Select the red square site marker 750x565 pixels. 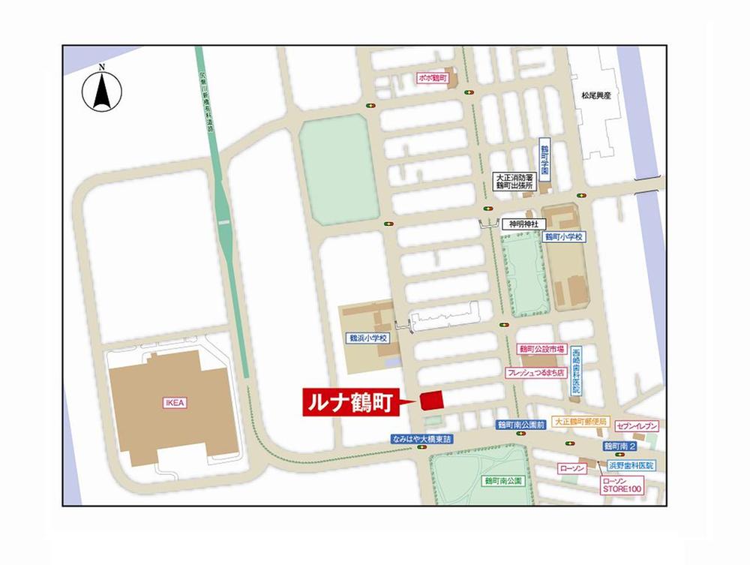point(431,400)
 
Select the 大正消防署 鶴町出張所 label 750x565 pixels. point(512,181)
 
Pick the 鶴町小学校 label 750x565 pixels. point(564,236)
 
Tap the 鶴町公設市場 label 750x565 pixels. point(540,350)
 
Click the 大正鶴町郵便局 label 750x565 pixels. point(580,422)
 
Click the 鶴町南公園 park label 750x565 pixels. point(502,479)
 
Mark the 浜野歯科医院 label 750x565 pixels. point(631,465)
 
